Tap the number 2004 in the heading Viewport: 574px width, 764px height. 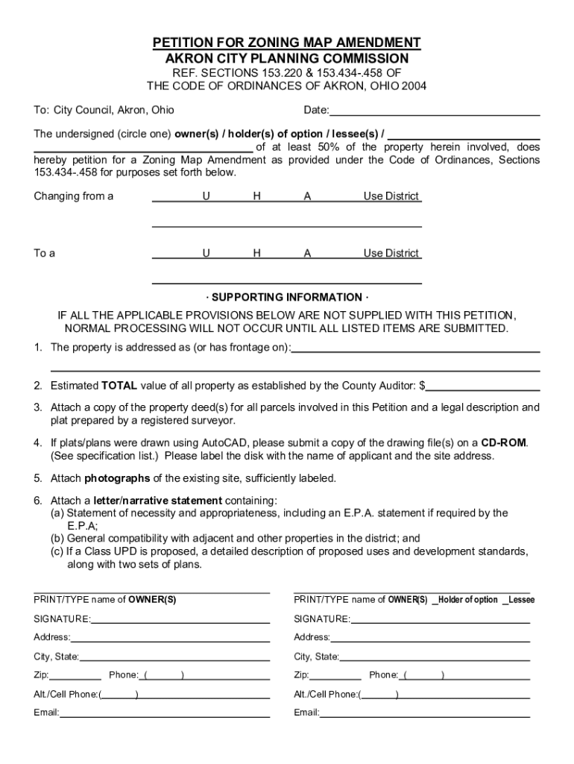coord(412,86)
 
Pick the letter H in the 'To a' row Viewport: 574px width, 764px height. coord(256,253)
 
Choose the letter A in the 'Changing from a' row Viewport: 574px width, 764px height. coord(307,196)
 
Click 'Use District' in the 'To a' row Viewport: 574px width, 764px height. coord(391,253)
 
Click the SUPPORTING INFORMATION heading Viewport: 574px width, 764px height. coord(287,297)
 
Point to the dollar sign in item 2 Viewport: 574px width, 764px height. coord(423,386)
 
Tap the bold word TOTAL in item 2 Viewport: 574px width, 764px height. coord(119,386)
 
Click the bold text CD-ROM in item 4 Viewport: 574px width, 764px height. coord(504,442)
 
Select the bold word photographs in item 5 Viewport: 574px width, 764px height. coord(118,477)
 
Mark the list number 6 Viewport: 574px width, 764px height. coord(37,500)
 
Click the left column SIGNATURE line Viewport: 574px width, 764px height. coord(180,620)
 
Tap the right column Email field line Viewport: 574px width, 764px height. coord(424,713)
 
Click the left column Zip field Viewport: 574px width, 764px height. coord(75,676)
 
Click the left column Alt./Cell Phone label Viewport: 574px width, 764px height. coord(66,695)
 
